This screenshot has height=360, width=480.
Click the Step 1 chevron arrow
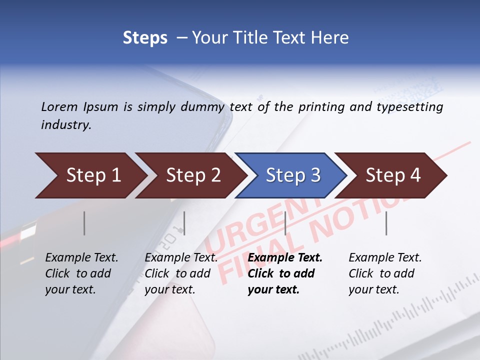point(90,175)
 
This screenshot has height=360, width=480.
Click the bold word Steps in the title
point(145,37)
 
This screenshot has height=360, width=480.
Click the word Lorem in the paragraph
point(59,106)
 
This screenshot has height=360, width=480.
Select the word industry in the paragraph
point(66,125)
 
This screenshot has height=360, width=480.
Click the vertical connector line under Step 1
point(84,223)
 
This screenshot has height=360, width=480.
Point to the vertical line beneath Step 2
point(184,223)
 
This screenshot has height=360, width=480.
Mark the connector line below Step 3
point(285,223)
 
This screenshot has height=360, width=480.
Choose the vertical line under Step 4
point(386,223)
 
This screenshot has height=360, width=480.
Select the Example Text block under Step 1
point(81,273)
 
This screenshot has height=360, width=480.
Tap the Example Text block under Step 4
point(385,273)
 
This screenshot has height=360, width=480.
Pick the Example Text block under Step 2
point(181,273)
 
